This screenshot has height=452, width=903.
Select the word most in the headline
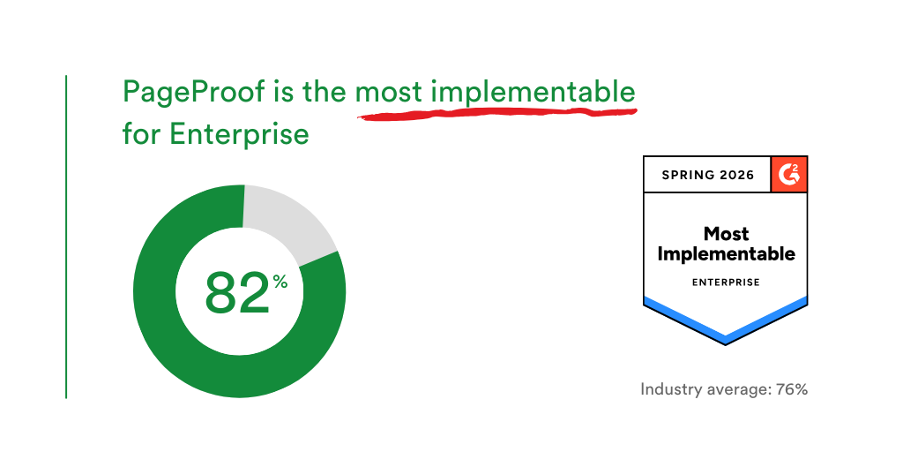pyautogui.click(x=388, y=92)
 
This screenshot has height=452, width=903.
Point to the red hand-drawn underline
pyautogui.click(x=494, y=114)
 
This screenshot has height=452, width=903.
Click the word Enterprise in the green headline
pyautogui.click(x=238, y=134)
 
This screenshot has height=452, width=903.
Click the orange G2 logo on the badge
pyautogui.click(x=788, y=174)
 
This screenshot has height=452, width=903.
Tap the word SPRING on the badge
pyautogui.click(x=690, y=175)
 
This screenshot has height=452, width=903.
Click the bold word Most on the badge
pyautogui.click(x=726, y=234)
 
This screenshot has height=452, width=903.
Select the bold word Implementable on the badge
pyautogui.click(x=726, y=254)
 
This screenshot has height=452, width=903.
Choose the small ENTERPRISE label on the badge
pyautogui.click(x=726, y=282)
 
